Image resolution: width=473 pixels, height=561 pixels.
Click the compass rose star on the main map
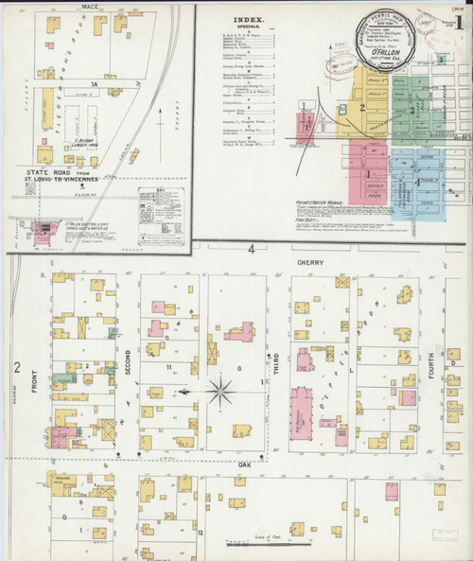(221, 390)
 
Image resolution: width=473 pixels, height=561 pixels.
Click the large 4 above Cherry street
(252, 249)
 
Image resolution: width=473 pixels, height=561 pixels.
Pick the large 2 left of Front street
(16, 366)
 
